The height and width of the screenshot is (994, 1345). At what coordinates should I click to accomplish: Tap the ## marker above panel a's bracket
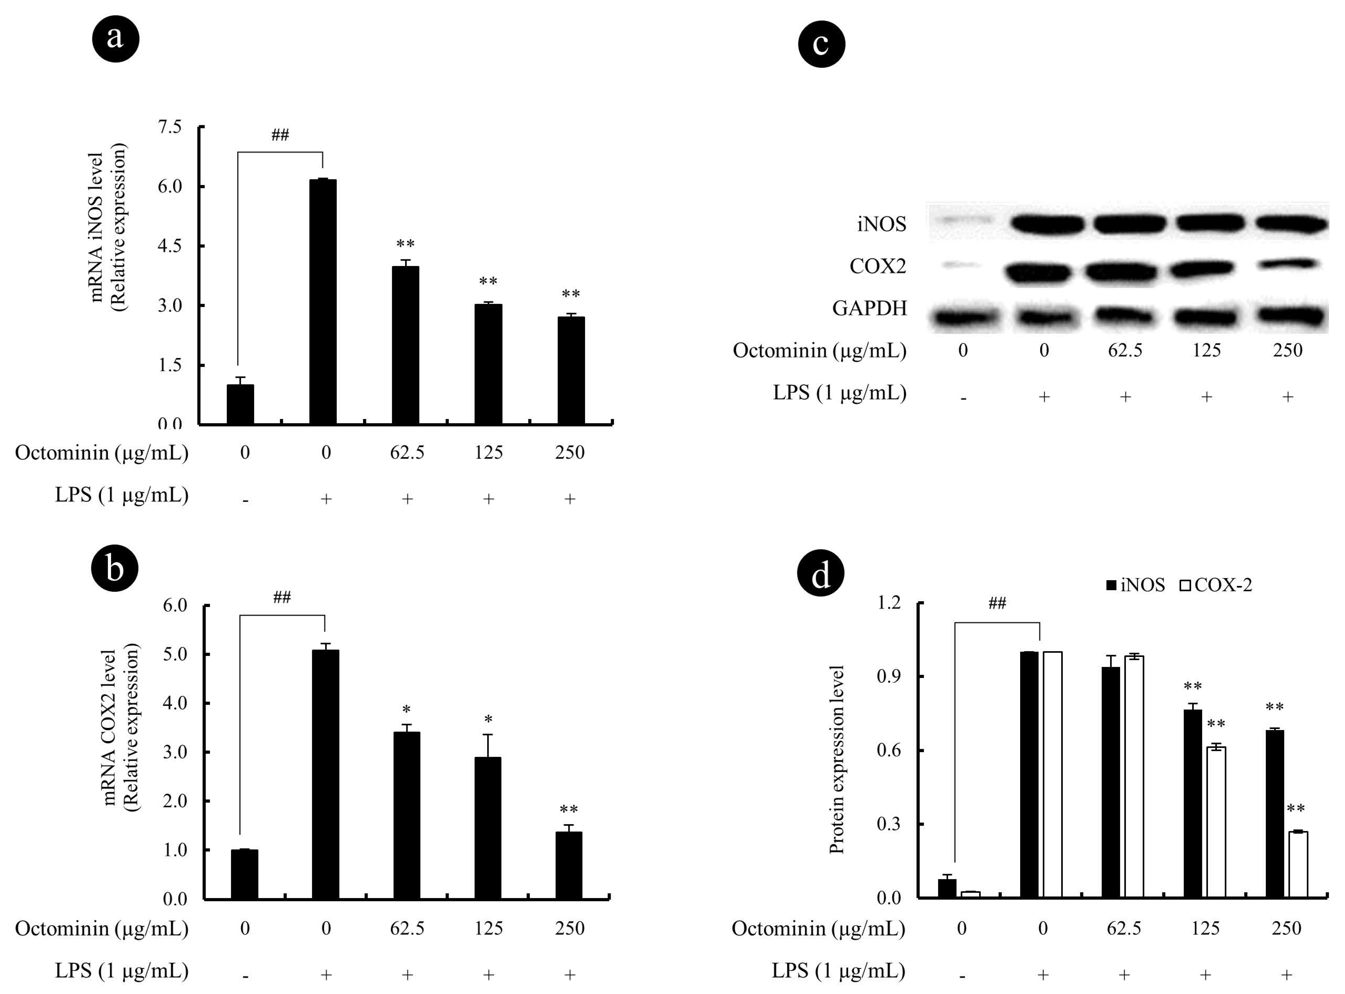[x=280, y=135]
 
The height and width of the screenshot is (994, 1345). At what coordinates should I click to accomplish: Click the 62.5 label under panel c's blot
[x=1125, y=350]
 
